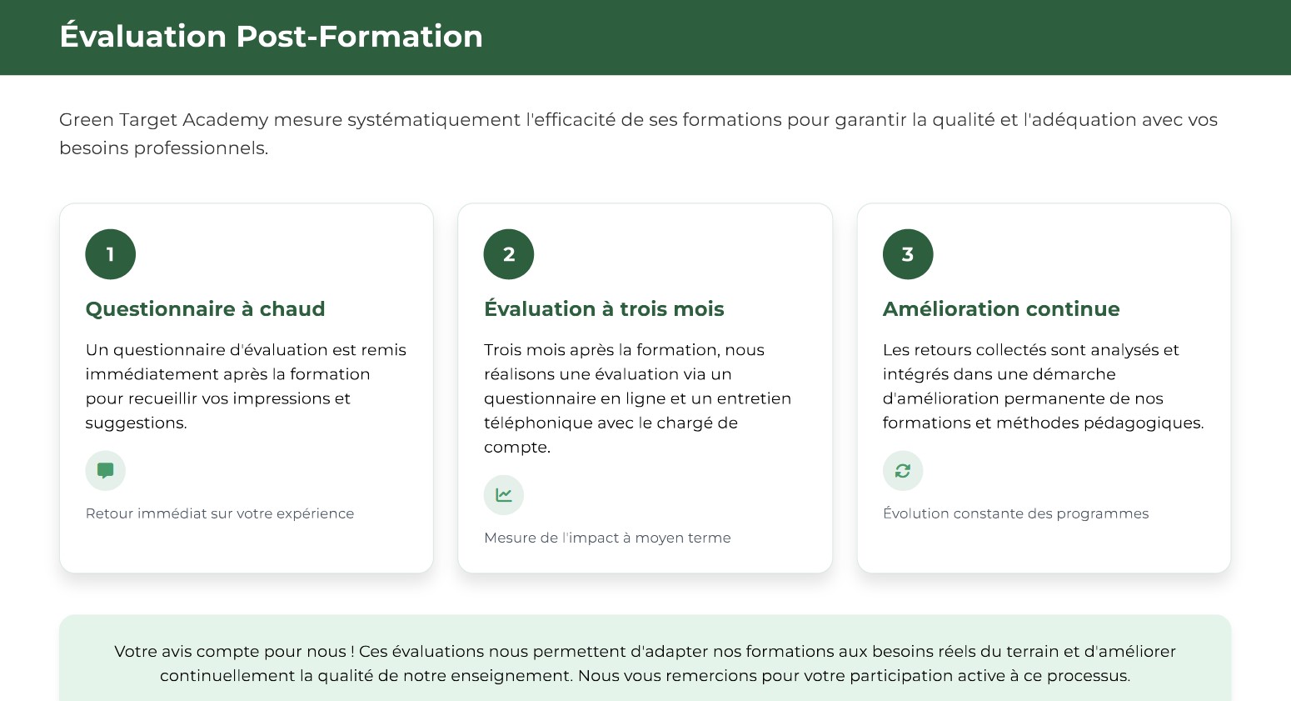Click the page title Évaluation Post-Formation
[x=271, y=36]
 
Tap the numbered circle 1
[x=110, y=254]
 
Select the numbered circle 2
[x=508, y=254]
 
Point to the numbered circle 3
[x=908, y=254]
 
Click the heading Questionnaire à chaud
[x=205, y=309]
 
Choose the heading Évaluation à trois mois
[x=604, y=309]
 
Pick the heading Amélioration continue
[x=1001, y=309]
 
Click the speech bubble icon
[x=106, y=471]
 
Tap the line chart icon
[x=504, y=495]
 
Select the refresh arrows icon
[x=903, y=471]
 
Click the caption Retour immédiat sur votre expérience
[x=220, y=513]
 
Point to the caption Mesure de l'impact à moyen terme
[x=607, y=538]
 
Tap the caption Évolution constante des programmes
[x=1015, y=513]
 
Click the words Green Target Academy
[x=164, y=121]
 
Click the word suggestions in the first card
[x=136, y=423]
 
